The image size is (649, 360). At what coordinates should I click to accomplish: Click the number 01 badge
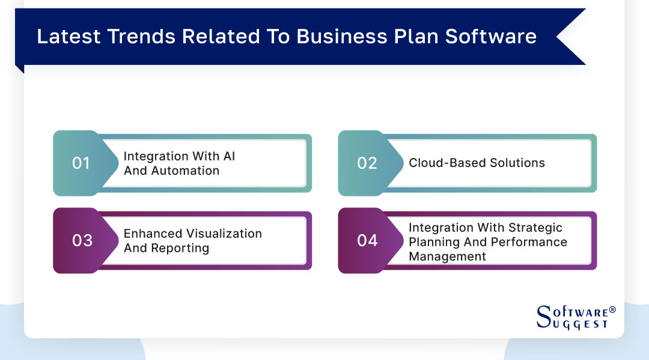[x=81, y=163]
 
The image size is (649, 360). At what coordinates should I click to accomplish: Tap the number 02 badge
[x=367, y=163]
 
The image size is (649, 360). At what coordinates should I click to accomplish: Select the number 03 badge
[x=82, y=240]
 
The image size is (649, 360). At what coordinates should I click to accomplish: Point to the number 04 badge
[x=367, y=240]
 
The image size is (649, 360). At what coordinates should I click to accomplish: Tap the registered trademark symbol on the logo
[x=612, y=310]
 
